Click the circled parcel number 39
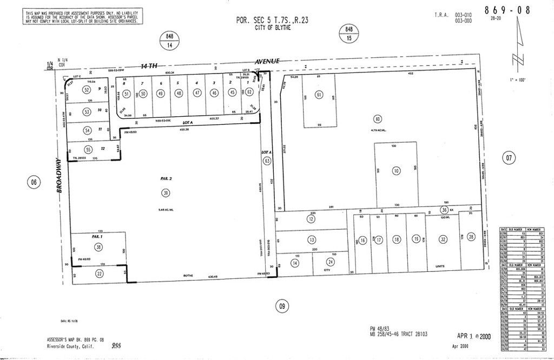click(164, 193)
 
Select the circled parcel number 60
click(378, 119)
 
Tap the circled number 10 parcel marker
click(397, 171)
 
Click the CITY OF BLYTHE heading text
click(272, 28)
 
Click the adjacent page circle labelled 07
click(508, 158)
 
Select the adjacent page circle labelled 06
click(34, 183)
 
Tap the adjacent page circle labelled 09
click(281, 305)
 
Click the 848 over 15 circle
click(349, 34)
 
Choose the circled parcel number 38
click(98, 247)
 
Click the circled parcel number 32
click(443, 239)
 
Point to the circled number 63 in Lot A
click(266, 161)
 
